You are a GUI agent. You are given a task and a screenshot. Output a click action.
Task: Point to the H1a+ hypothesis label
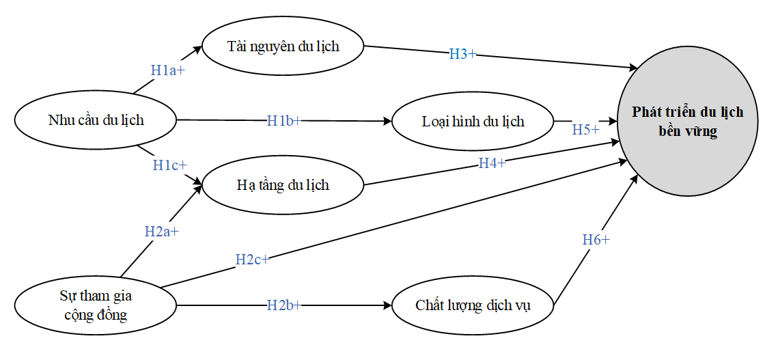168,70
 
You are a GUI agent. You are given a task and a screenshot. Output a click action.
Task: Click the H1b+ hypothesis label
284,120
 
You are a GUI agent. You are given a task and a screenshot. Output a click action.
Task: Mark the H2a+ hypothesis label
162,231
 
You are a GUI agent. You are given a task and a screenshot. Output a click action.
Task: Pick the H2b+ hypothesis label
284,306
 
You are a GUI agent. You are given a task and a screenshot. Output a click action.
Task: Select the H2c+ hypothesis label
252,260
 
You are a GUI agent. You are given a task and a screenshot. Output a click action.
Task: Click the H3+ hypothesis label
462,54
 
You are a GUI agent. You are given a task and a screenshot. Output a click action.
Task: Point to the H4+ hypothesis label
492,163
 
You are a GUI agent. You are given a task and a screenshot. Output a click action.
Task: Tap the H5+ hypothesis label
586,130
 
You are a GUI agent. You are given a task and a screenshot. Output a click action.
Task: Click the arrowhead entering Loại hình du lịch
388,121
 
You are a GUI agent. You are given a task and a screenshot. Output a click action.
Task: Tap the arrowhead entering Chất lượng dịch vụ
387,306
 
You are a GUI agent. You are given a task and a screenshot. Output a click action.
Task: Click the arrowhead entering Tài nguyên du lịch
197,49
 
